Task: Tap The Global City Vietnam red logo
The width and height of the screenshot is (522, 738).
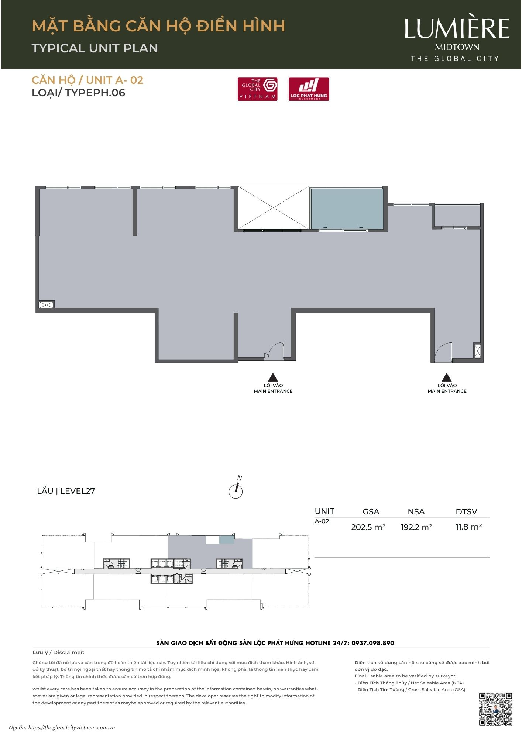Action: pyautogui.click(x=258, y=89)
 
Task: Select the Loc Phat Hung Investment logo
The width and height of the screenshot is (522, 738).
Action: pyautogui.click(x=309, y=89)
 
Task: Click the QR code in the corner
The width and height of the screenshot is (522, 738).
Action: pyautogui.click(x=495, y=709)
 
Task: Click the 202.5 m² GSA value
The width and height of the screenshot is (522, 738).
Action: pyautogui.click(x=368, y=527)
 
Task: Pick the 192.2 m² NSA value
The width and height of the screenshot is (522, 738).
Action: pyautogui.click(x=416, y=527)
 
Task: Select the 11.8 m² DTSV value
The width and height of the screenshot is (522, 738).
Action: pyautogui.click(x=469, y=527)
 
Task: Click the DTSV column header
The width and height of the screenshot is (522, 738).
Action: pyautogui.click(x=467, y=511)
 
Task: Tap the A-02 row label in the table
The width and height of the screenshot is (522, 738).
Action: pyautogui.click(x=322, y=521)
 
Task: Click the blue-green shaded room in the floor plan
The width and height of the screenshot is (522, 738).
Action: pyautogui.click(x=347, y=209)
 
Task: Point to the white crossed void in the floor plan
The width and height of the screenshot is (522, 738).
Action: pyautogui.click(x=273, y=208)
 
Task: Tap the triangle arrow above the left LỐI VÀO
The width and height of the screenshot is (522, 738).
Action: pyautogui.click(x=273, y=377)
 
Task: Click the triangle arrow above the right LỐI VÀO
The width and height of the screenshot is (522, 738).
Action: pyautogui.click(x=447, y=377)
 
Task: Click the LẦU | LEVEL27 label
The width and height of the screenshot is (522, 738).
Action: pyautogui.click(x=66, y=491)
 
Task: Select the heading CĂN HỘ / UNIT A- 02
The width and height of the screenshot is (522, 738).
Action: pyautogui.click(x=87, y=80)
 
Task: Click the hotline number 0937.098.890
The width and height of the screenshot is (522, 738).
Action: pyautogui.click(x=373, y=643)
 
